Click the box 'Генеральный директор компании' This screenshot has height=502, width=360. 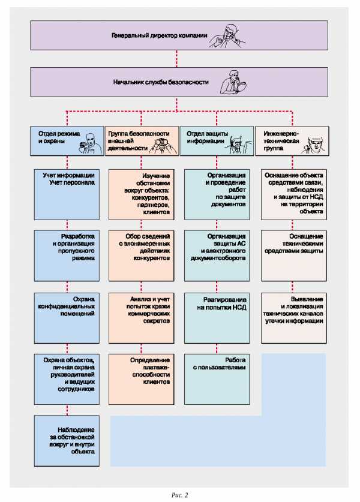click(x=179, y=35)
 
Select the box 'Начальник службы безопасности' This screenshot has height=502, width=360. click(x=179, y=82)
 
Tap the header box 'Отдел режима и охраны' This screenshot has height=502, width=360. click(x=67, y=141)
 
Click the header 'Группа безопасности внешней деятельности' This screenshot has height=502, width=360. click(x=142, y=141)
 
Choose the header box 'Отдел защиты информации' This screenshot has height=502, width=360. click(x=217, y=141)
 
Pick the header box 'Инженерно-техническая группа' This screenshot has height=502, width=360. click(x=292, y=141)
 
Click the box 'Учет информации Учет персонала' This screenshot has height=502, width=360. click(x=67, y=194)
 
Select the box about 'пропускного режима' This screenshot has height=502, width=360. click(x=67, y=256)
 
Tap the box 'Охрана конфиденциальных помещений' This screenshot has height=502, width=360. click(x=67, y=318)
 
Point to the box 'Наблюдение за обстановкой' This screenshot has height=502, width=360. click(x=67, y=441)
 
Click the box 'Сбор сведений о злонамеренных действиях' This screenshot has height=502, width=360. click(x=142, y=256)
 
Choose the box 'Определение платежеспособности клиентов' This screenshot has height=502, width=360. click(x=142, y=379)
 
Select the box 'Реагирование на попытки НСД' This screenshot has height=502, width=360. click(x=217, y=318)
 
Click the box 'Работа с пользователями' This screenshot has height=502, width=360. click(x=217, y=379)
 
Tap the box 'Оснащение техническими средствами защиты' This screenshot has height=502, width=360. click(x=294, y=256)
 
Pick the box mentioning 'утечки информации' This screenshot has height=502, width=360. click(x=294, y=318)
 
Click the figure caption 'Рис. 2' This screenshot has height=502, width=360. click(x=179, y=495)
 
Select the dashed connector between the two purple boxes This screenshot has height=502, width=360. click(x=177, y=59)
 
